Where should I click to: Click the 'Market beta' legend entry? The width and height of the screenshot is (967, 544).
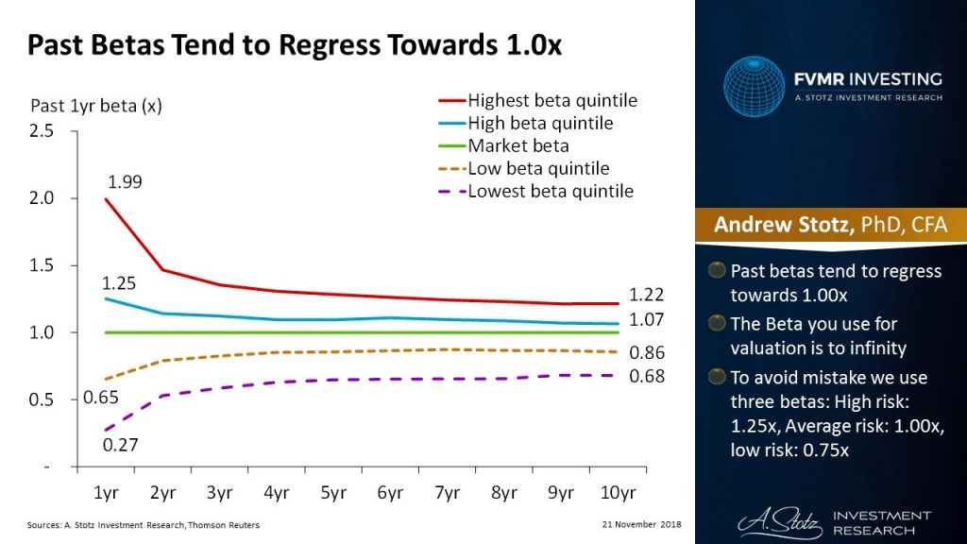(517, 146)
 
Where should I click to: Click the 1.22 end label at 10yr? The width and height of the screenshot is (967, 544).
(648, 295)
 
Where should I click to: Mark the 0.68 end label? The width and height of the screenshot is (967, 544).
(648, 376)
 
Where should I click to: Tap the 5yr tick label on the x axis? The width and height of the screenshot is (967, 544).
(332, 492)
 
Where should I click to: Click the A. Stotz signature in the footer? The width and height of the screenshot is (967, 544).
(773, 521)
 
